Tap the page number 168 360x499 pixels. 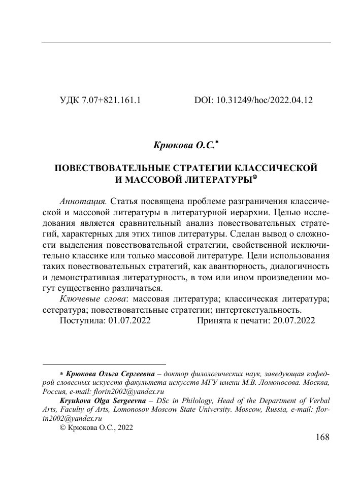[321, 437]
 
